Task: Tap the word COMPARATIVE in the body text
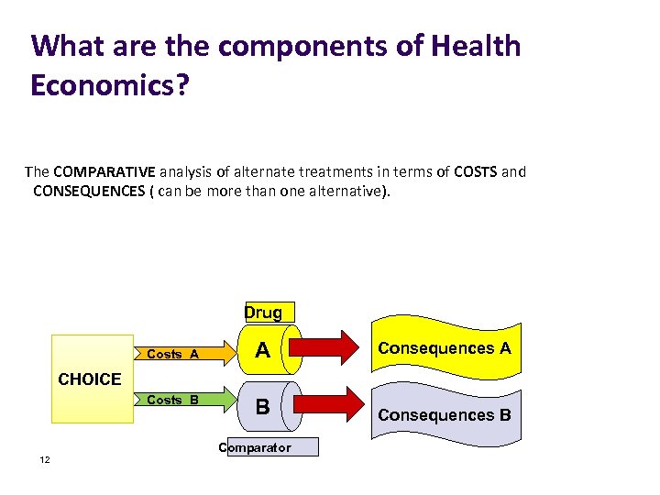pos(104,171)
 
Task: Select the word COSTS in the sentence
pos(474,171)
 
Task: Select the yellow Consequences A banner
pos(445,349)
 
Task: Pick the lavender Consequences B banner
pos(445,414)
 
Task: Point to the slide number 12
pos(44,460)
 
